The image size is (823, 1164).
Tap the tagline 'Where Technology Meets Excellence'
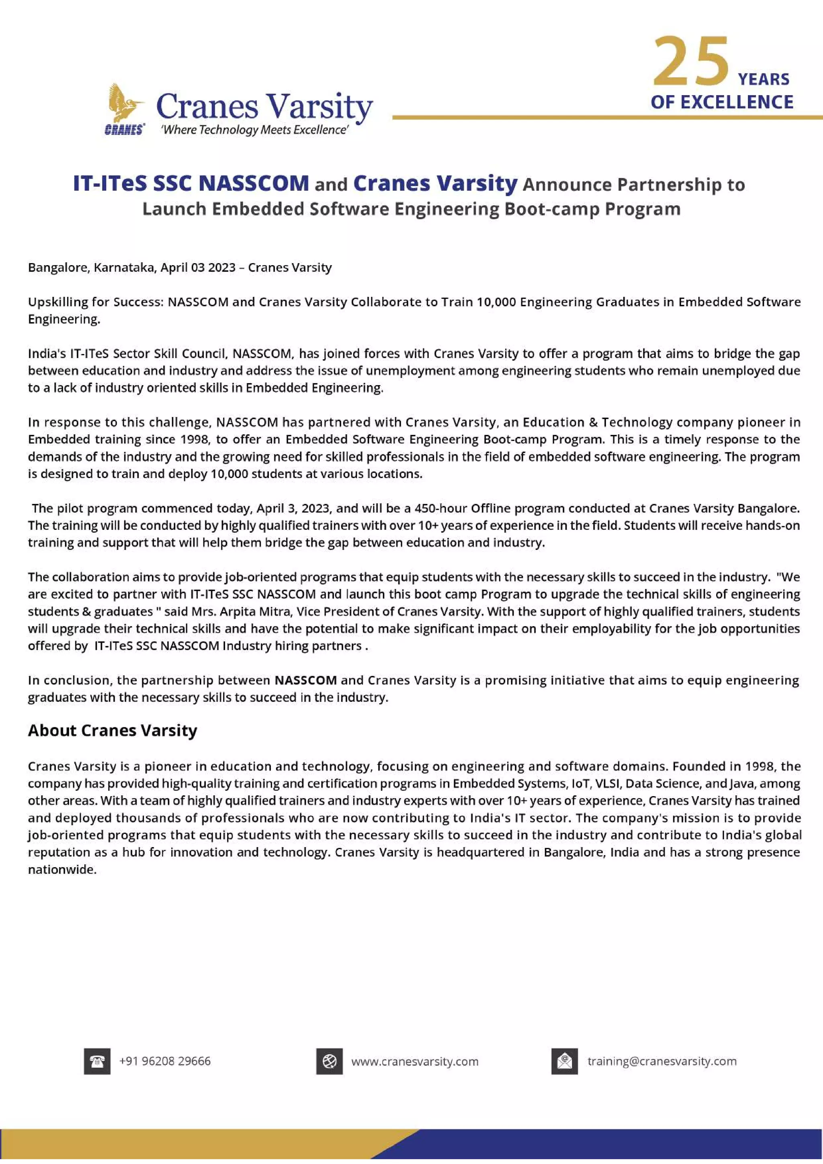254,130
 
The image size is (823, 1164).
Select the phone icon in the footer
97,1061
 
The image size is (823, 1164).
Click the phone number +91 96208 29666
165,1061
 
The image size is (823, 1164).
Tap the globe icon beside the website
329,1061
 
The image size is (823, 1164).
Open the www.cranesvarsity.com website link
414,1062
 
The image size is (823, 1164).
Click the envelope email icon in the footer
564,1061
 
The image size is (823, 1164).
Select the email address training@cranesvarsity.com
662,1061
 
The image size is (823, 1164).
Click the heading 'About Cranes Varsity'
113,731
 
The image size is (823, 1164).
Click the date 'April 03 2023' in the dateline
198,267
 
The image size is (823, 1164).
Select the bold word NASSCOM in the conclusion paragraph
305,680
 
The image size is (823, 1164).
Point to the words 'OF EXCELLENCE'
722,102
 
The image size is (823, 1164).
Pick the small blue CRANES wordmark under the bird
124,130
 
